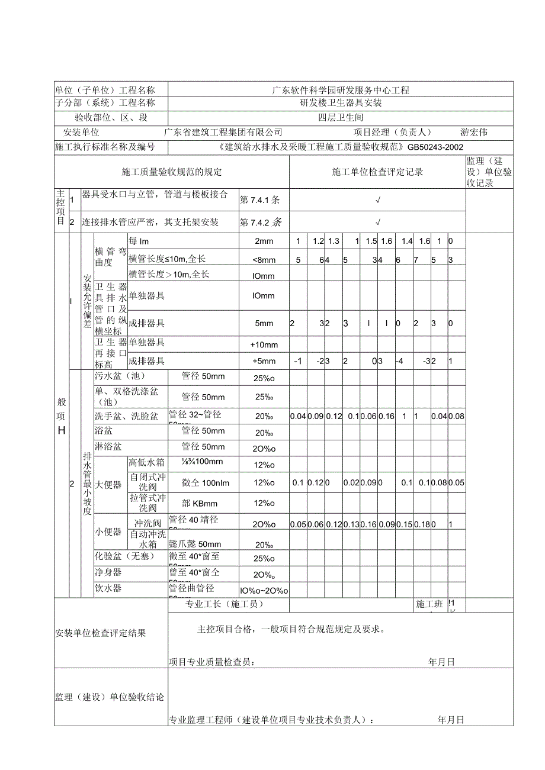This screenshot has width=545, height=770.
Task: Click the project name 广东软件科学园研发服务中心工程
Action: (x=341, y=91)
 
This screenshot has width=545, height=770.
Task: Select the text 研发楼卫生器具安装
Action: (x=341, y=103)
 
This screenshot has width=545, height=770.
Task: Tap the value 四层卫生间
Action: (x=341, y=118)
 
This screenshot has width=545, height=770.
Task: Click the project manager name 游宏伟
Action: (x=474, y=133)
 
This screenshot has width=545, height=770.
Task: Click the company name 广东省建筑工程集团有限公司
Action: (x=223, y=133)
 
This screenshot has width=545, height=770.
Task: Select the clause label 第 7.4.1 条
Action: (x=261, y=200)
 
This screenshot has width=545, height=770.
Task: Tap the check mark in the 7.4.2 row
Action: (x=378, y=223)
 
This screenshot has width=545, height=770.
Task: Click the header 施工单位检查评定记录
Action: (x=377, y=172)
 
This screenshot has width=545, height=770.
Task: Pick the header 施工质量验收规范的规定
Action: (x=172, y=172)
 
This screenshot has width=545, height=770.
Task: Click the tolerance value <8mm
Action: (x=264, y=259)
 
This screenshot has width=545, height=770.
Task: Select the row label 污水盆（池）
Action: (x=120, y=376)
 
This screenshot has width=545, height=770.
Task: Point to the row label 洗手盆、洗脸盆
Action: (x=127, y=417)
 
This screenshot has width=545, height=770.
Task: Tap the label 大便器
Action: (x=109, y=485)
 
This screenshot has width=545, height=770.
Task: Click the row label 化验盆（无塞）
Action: (x=124, y=556)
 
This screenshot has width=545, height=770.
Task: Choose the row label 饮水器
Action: (x=108, y=588)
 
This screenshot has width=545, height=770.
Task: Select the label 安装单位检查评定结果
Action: (x=100, y=633)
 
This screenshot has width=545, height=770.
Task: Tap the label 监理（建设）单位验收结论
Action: (x=110, y=697)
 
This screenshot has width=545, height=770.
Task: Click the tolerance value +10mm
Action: (x=264, y=345)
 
